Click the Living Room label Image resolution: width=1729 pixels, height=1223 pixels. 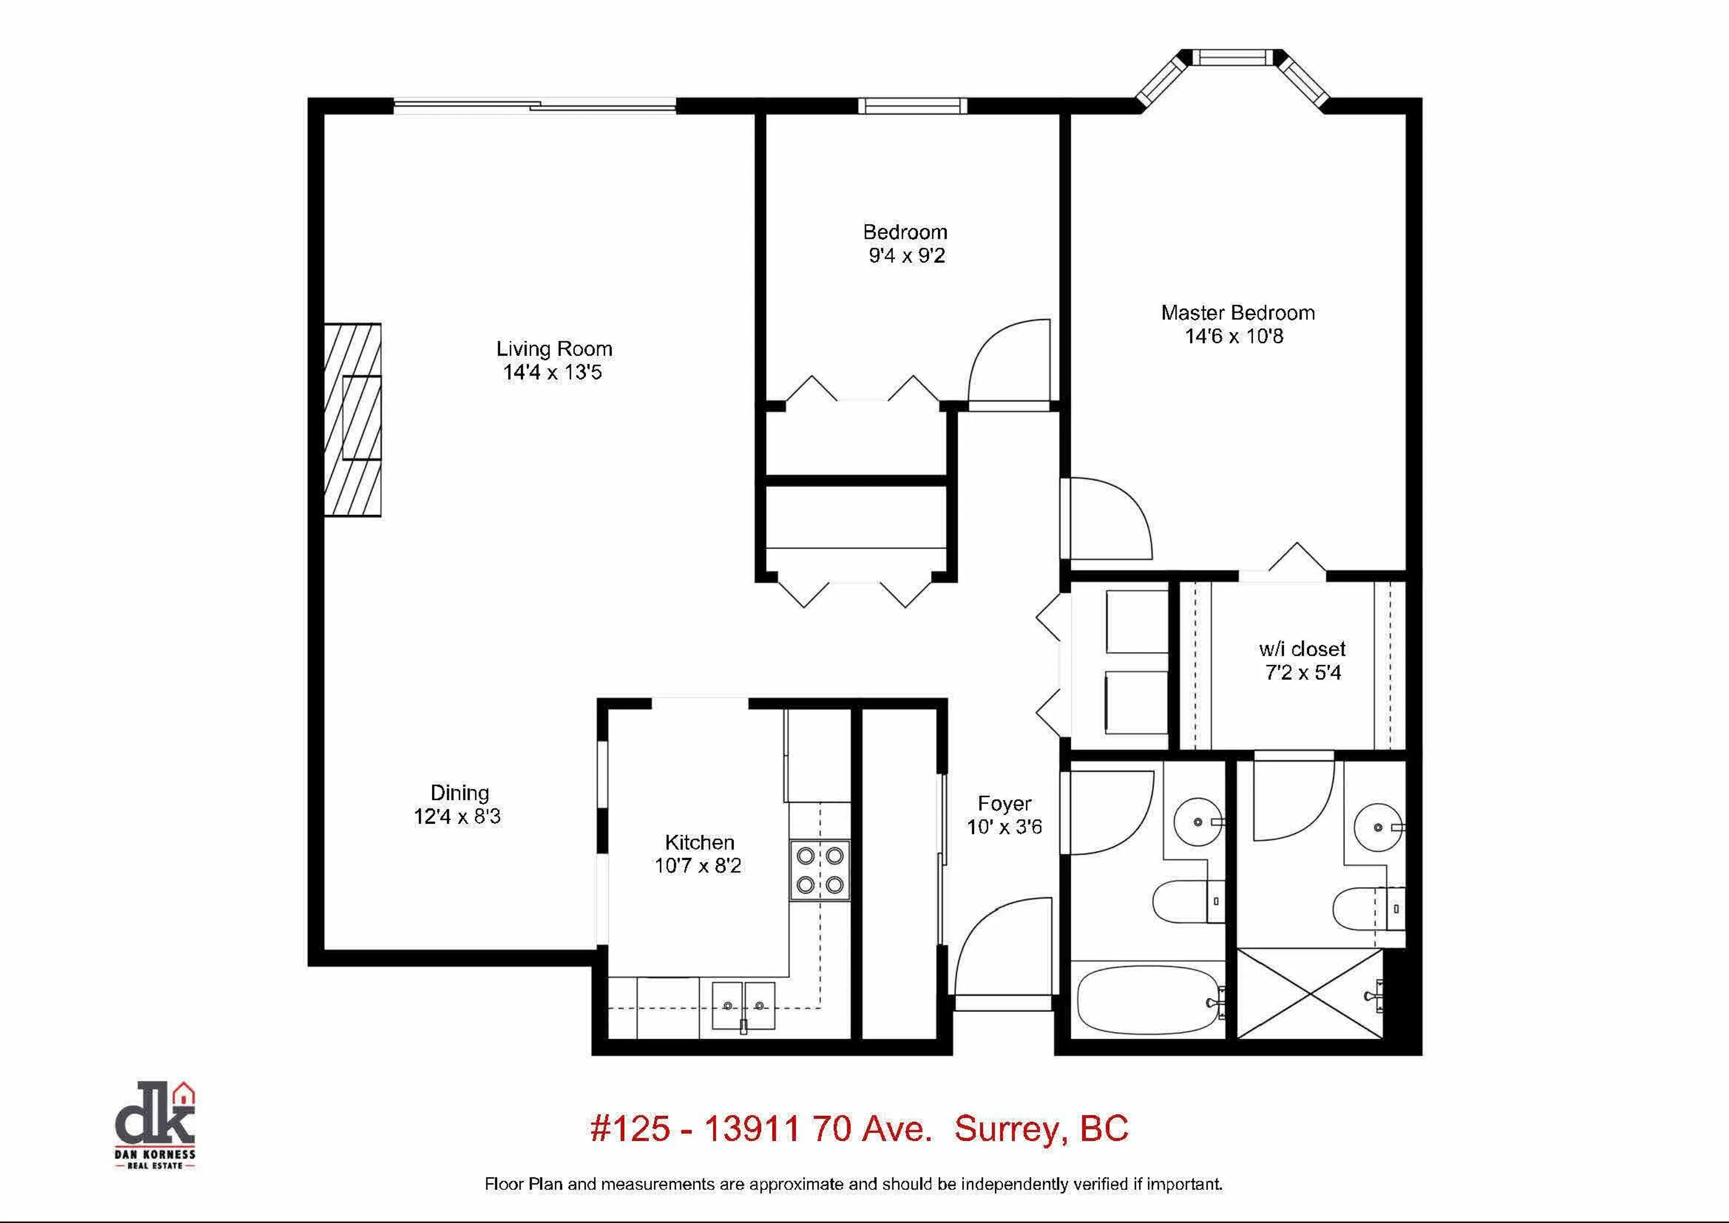(x=554, y=349)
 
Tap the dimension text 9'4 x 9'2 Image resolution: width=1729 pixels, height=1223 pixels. (x=906, y=256)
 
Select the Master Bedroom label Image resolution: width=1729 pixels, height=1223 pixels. (x=1238, y=312)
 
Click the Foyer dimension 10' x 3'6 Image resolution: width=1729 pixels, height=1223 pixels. (x=1004, y=827)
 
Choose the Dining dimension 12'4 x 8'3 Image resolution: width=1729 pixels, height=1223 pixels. (x=457, y=817)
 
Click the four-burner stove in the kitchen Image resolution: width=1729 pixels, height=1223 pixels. (x=819, y=870)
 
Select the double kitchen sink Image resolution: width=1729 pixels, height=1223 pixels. (x=743, y=1005)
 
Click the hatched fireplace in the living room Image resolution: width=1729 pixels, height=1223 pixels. (x=353, y=420)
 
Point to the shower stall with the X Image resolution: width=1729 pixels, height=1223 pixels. (x=1310, y=994)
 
